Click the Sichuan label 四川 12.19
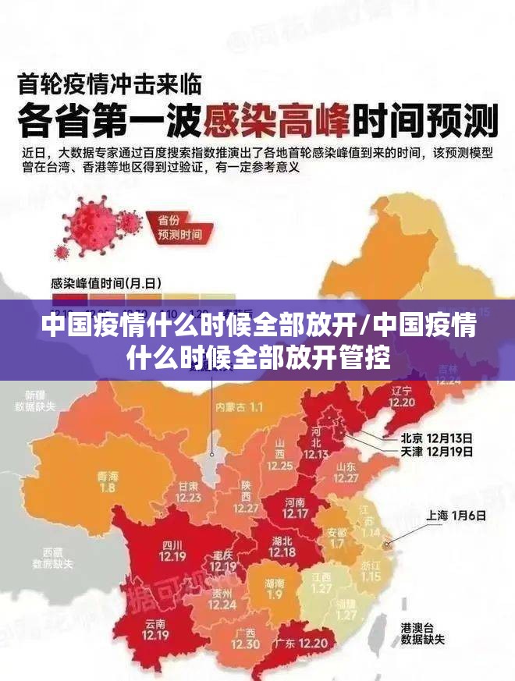[x=172, y=551]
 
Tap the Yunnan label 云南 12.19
[x=155, y=630]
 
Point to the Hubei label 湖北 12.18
[x=282, y=547]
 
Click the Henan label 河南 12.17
[x=295, y=508]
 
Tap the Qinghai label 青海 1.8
[x=108, y=481]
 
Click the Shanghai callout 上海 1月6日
[x=456, y=516]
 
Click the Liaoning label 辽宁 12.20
[x=402, y=396]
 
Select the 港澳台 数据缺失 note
[x=422, y=633]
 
